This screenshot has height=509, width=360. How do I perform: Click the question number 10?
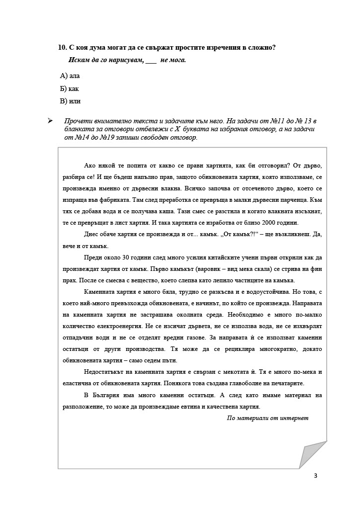tap(62, 48)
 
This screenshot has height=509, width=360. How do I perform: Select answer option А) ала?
tap(70, 76)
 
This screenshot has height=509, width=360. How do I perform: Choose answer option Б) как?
tap(69, 89)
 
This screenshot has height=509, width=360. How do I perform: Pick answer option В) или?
tap(70, 101)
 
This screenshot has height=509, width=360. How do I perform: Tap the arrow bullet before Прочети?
tap(49, 121)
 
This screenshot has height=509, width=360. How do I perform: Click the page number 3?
tap(315, 476)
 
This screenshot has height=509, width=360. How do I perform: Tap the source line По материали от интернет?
tap(268, 418)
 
